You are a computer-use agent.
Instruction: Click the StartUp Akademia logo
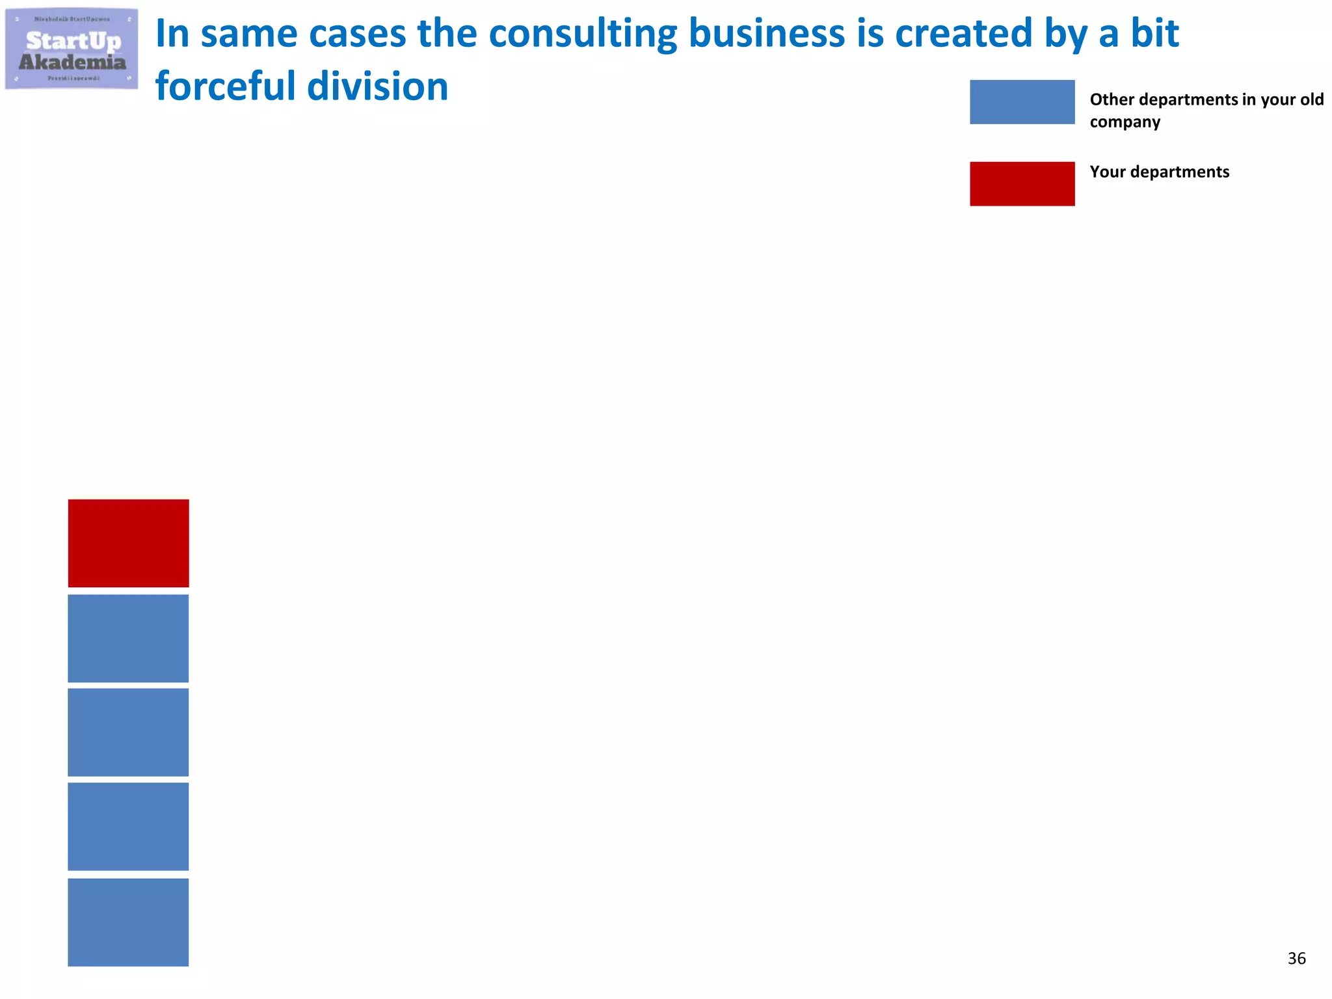coord(72,49)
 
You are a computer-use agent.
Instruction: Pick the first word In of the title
coord(172,34)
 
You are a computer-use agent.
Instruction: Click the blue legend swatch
coord(1022,102)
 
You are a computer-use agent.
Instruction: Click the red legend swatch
coord(1022,184)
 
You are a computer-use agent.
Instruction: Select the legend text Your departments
coord(1159,172)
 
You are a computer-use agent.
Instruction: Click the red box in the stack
coord(128,543)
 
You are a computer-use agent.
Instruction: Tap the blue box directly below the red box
coord(128,638)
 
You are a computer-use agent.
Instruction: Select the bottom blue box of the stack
coord(128,922)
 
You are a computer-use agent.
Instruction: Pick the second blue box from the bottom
coord(128,827)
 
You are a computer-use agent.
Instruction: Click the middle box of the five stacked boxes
coord(128,732)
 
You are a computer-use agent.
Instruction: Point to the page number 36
coord(1296,958)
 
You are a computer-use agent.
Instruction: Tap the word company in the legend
coord(1125,122)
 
